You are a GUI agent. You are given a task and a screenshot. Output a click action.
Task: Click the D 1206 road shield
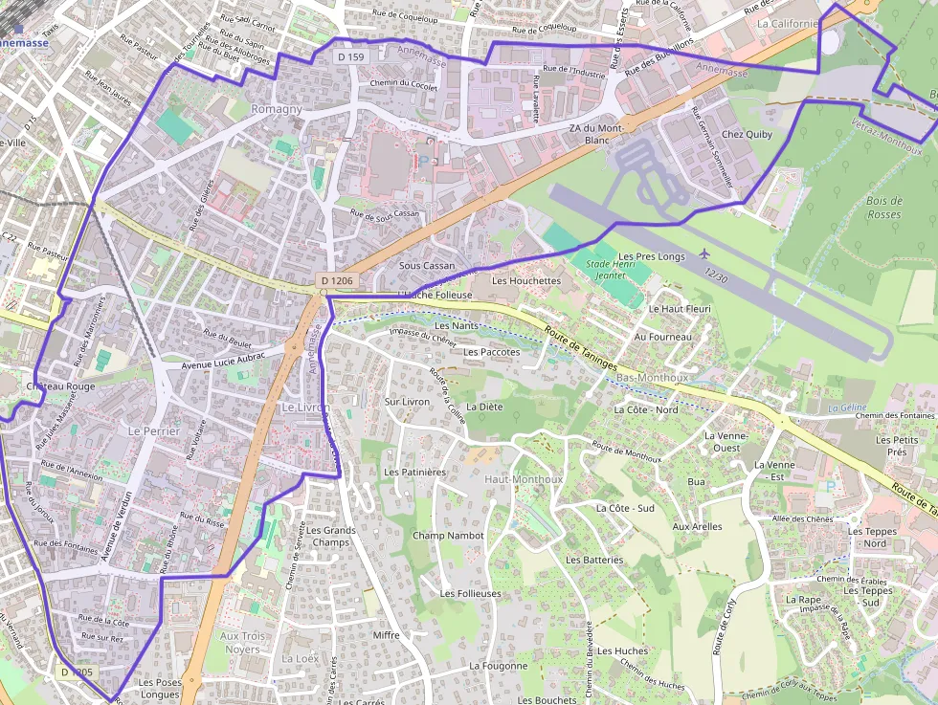click(x=337, y=281)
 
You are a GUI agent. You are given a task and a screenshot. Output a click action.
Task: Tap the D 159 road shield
click(x=351, y=57)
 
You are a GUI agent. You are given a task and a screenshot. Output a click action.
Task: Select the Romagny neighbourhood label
click(x=276, y=109)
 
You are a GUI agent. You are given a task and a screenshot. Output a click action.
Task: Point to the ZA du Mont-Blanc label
click(x=596, y=134)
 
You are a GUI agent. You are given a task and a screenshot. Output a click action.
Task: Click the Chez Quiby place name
click(x=747, y=135)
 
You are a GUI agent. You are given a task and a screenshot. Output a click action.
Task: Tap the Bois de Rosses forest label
click(x=883, y=208)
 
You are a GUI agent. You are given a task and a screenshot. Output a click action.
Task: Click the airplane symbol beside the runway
click(x=705, y=253)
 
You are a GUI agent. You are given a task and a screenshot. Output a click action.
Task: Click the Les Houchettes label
click(x=525, y=281)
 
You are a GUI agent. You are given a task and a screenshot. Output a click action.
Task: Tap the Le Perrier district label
click(x=153, y=431)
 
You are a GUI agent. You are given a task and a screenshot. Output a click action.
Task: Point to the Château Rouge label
click(x=61, y=386)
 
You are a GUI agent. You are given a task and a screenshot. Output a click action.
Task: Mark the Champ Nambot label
click(x=448, y=536)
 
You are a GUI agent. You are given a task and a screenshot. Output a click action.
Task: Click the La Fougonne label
click(x=498, y=666)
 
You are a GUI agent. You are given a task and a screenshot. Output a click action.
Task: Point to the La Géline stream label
click(x=847, y=408)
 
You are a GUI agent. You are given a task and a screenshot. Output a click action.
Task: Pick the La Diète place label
click(x=483, y=407)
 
